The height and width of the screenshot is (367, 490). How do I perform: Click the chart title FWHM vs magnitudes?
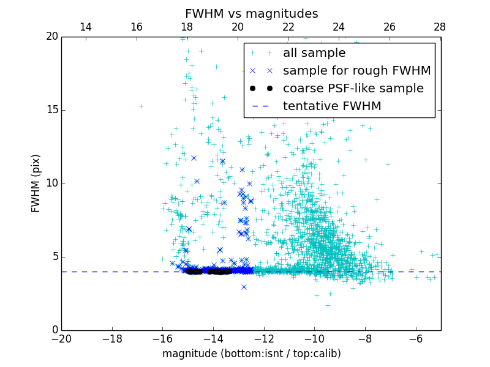251,13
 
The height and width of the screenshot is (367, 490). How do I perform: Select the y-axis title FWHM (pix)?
36,183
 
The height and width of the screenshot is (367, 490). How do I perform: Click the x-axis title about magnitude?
251,354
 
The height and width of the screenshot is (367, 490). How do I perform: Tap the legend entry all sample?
314,53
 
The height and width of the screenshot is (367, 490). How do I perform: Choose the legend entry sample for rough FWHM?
356,71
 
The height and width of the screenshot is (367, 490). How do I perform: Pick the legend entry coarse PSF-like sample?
353,89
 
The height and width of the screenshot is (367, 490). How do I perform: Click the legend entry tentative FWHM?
332,106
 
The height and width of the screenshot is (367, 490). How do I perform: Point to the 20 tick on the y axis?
51,37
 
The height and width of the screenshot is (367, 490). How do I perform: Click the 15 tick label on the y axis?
51,110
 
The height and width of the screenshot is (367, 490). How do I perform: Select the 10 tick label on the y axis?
51,183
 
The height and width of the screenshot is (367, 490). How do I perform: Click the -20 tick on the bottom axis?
61,338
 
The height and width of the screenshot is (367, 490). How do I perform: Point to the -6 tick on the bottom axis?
415,338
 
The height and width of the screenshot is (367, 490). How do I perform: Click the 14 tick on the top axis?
86,27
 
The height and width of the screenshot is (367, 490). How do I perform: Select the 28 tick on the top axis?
440,27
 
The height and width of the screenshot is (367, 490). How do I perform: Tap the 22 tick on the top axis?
288,27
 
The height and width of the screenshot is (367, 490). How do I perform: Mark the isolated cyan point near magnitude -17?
141,106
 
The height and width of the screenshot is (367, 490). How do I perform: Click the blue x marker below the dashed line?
244,287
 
